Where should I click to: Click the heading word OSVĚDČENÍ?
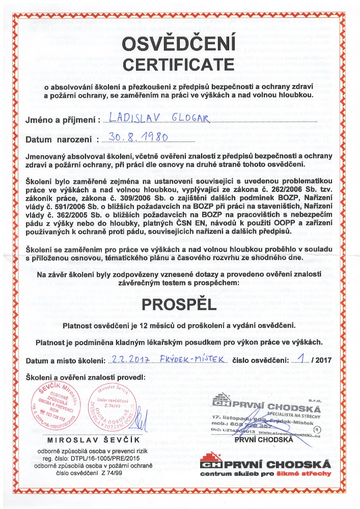pyautogui.click(x=180, y=44)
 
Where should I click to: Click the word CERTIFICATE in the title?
pyautogui.click(x=180, y=64)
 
